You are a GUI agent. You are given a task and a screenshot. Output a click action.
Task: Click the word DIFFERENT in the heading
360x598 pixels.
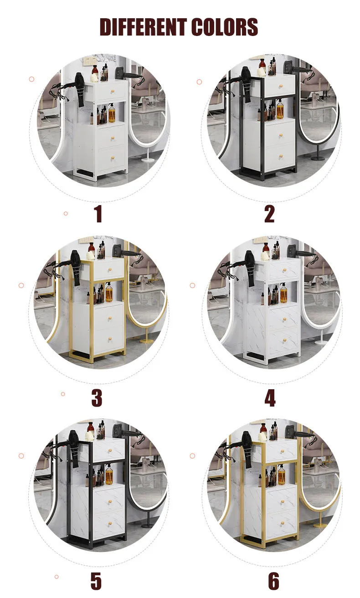pos(143,27)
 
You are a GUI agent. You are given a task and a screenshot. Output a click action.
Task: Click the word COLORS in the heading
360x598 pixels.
pos(225,27)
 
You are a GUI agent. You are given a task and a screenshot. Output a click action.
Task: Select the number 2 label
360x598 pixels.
pos(269,214)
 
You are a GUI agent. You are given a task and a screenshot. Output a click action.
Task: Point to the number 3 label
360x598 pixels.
pos(97,398)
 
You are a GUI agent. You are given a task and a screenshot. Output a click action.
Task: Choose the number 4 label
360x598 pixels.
pos(270,398)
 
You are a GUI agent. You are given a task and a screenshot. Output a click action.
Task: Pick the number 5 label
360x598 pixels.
pos(96,581)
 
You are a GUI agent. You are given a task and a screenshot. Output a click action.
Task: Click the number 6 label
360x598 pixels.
pos(273,581)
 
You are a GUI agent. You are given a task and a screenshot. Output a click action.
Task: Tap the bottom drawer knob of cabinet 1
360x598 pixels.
pos(113,158)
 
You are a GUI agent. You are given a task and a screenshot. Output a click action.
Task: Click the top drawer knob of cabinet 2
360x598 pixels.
pos(281,86)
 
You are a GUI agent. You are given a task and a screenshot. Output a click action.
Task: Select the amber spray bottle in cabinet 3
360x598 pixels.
pos(109,293)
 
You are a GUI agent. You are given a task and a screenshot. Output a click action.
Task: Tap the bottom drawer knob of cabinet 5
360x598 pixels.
pos(110,526)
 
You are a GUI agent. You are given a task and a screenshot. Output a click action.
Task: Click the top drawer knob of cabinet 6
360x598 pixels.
pos(282,452)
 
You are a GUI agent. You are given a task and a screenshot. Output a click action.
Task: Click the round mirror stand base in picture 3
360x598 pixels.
pos(147,341)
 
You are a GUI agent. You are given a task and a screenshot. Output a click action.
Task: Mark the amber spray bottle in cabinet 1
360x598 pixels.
pos(112,113)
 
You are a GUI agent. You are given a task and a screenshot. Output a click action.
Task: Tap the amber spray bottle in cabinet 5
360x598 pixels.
pos(109,474)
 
